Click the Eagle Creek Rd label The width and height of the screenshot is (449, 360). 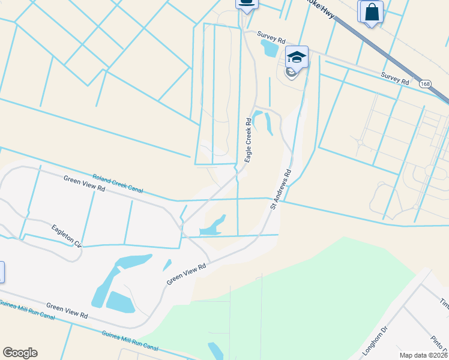(248, 139)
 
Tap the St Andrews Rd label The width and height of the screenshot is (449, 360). (281, 189)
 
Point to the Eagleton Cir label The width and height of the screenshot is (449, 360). (67, 236)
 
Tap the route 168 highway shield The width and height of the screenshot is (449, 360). (424, 83)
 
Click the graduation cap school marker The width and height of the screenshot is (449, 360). (297, 58)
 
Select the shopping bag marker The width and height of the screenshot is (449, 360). (370, 12)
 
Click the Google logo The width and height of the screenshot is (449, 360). (20, 353)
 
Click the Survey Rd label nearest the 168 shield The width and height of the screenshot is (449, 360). (395, 77)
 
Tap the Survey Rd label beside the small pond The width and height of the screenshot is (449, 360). (270, 35)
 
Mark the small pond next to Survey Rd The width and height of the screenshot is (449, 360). (271, 47)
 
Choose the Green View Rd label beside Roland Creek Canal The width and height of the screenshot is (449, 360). (85, 183)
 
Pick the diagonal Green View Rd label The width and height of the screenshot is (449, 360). (187, 273)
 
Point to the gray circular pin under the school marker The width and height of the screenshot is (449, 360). (291, 73)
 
